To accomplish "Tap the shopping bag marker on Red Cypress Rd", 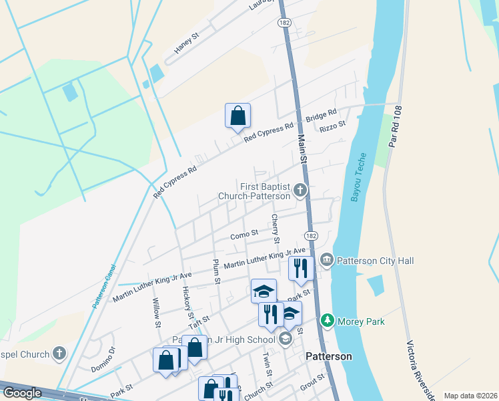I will coord(237,116).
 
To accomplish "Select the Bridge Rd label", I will coord(322,115).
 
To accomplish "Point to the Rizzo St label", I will coord(333,125).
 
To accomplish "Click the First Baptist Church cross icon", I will coord(300,191).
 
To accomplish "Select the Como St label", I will coord(244,235).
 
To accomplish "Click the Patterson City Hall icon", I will coord(327,259).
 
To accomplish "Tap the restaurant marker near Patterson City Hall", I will coord(302,269).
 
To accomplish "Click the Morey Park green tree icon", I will coord(328,321).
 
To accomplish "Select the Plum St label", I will coord(216,272).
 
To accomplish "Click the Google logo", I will coord(23,393).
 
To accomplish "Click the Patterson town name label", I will coord(328,356).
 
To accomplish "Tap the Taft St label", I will coord(199,322).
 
